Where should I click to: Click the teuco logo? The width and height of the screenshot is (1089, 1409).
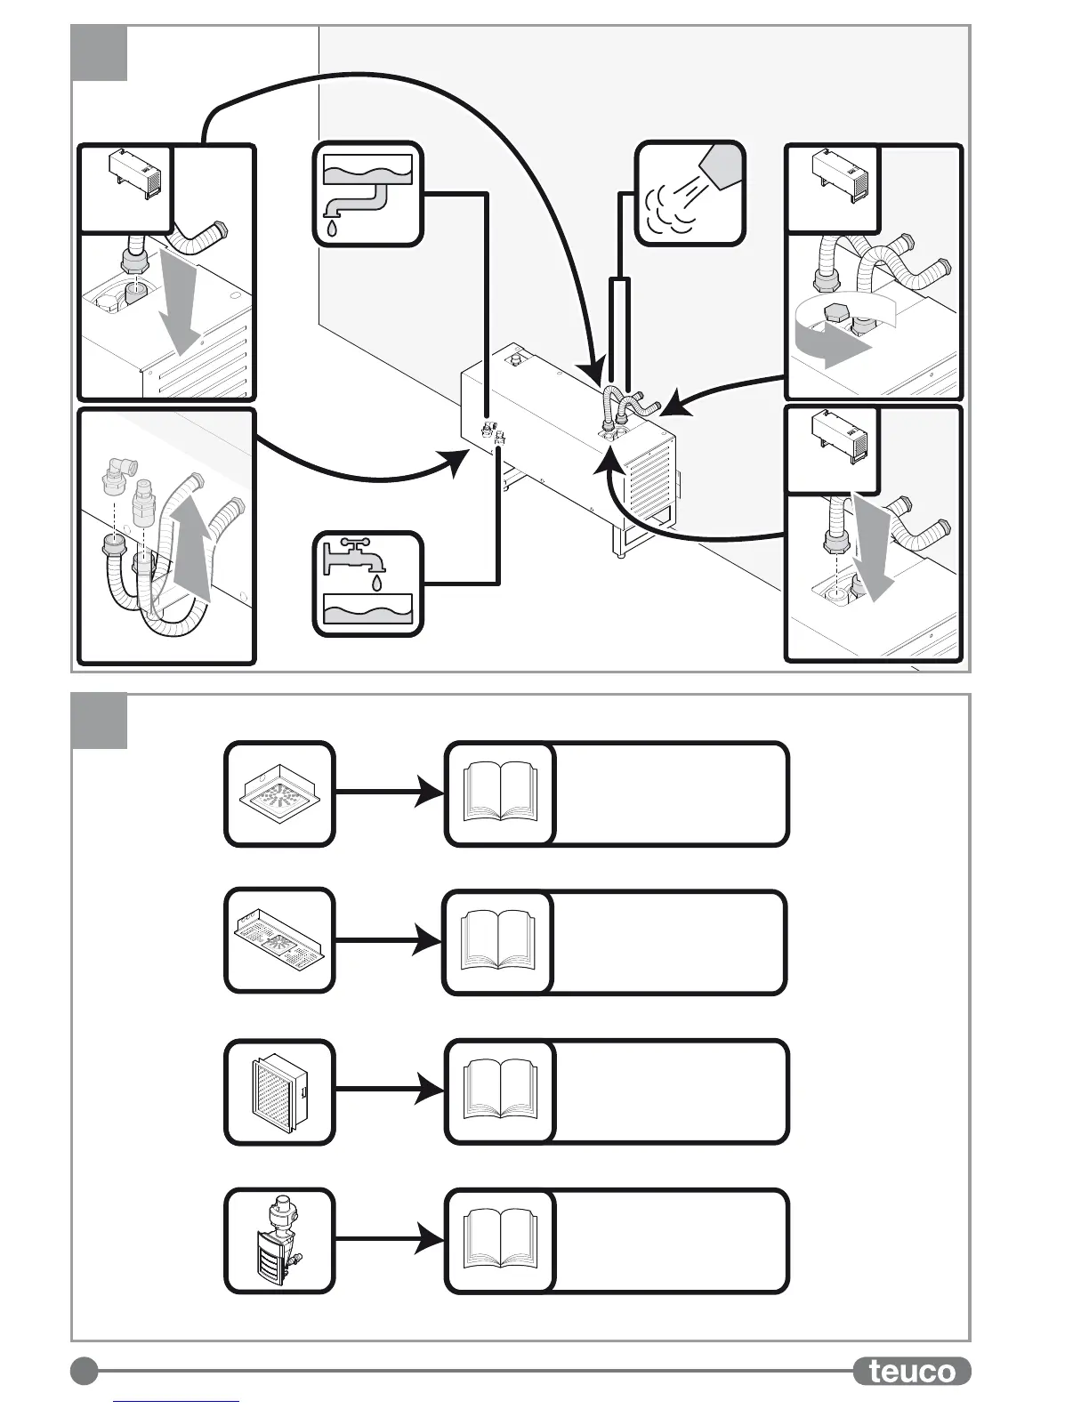911,1371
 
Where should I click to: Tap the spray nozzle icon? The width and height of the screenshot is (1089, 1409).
690,192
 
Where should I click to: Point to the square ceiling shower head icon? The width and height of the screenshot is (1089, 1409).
279,793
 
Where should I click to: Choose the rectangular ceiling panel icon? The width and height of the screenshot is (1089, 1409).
279,940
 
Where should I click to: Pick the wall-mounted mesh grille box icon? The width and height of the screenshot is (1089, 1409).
279,1091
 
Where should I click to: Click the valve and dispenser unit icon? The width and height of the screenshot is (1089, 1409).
279,1241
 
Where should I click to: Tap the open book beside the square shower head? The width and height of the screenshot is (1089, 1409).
501,793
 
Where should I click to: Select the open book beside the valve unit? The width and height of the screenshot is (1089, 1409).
501,1241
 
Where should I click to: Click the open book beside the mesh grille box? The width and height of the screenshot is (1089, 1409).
501,1091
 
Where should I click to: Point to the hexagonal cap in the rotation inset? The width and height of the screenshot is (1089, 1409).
836,315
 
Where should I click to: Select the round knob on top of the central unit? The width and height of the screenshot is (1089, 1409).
514,361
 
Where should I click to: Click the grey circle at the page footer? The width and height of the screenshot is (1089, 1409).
85,1371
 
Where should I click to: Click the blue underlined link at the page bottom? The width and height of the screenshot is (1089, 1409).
176,1402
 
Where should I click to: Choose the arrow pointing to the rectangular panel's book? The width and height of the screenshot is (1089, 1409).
389,940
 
